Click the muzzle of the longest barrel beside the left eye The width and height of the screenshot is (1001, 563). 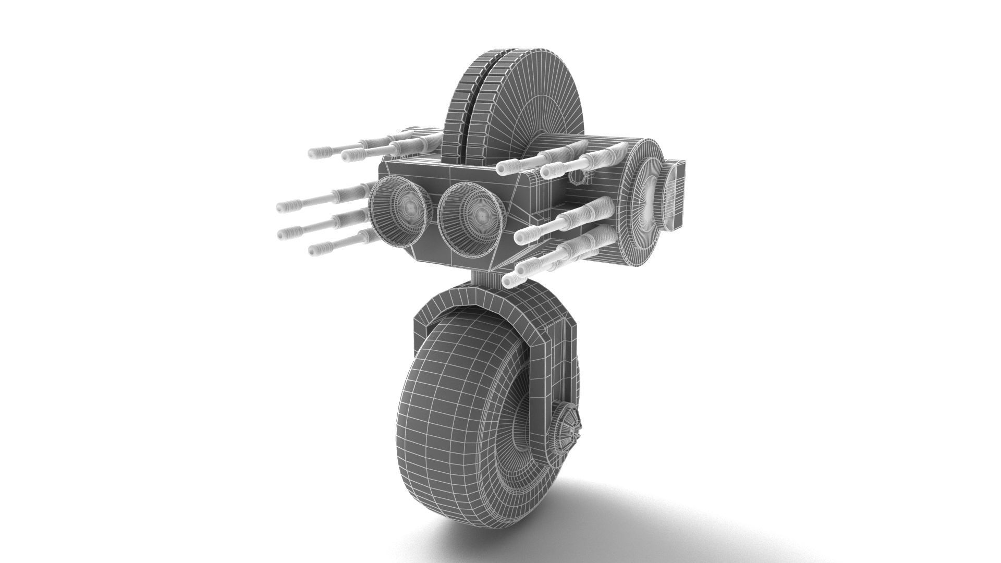pos(283,207)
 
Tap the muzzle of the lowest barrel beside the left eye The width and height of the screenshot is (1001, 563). pos(314,250)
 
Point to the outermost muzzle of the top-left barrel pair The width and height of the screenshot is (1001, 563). pos(314,153)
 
